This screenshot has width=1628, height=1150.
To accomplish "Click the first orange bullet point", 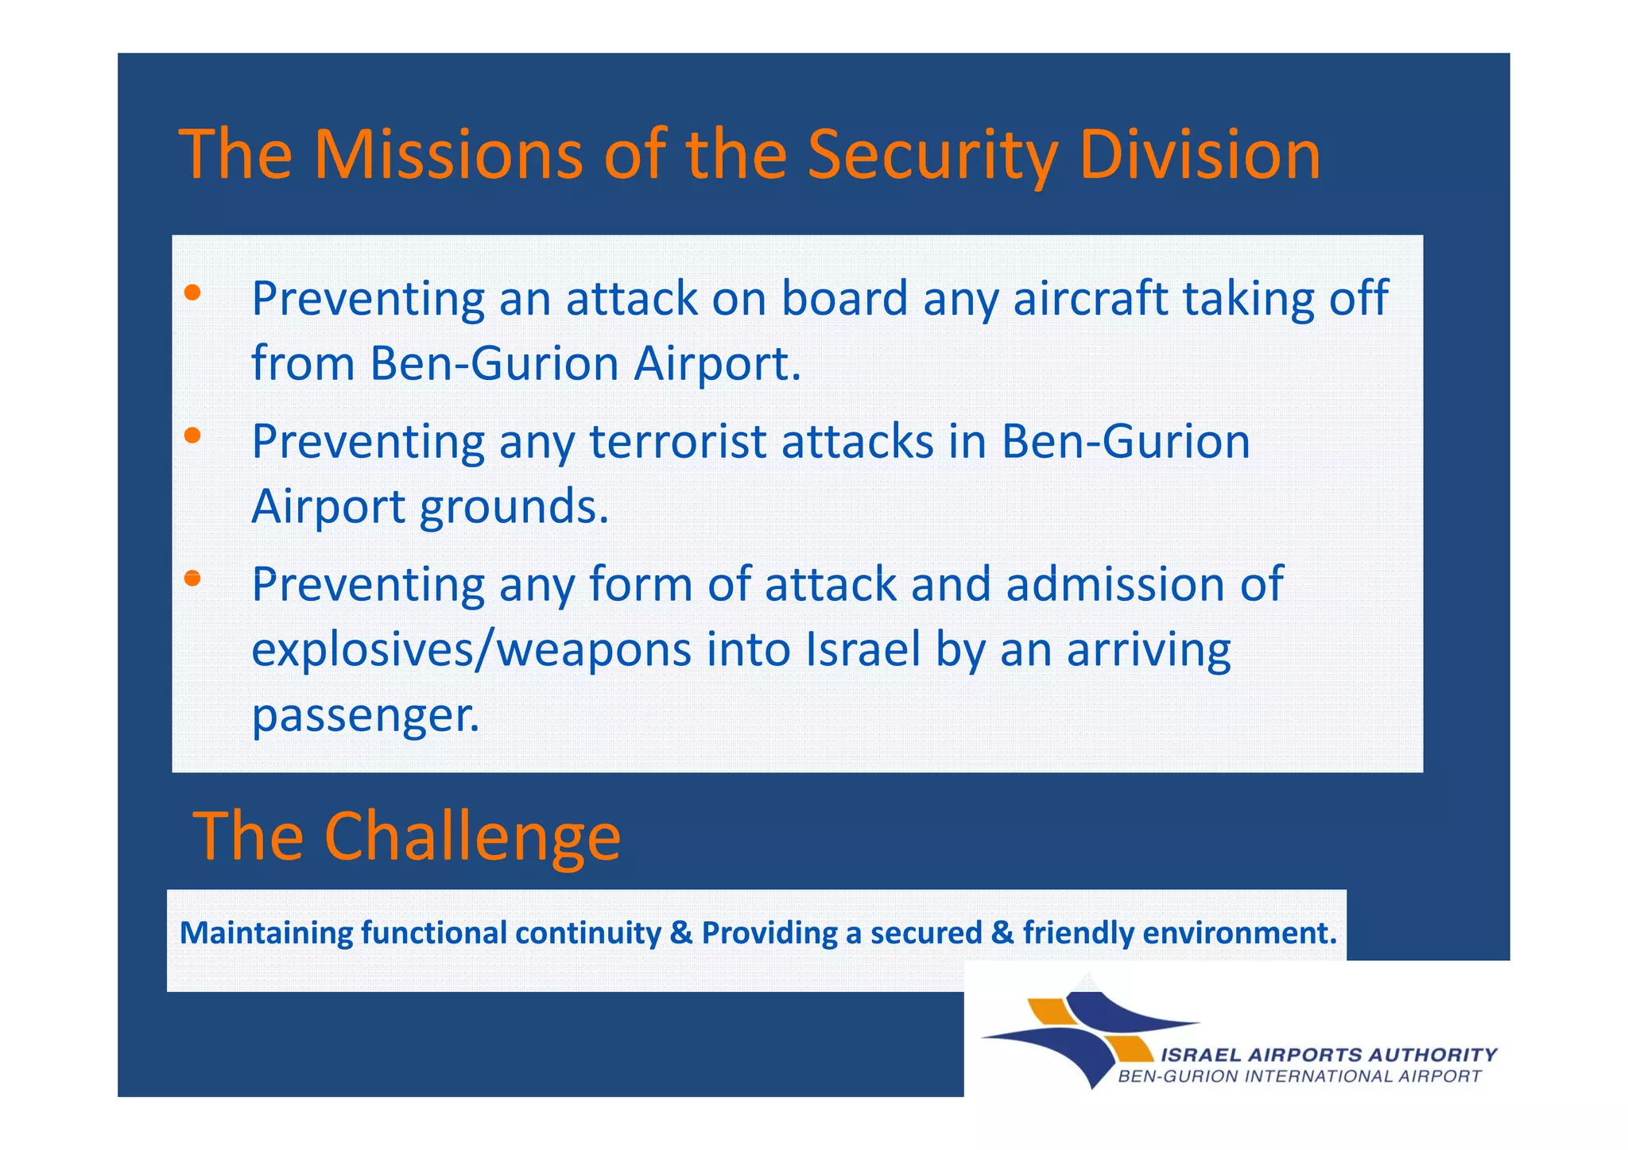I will click(x=192, y=293).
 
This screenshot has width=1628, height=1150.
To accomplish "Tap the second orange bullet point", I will click(x=192, y=436).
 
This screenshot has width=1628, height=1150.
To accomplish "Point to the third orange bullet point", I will click(x=192, y=578).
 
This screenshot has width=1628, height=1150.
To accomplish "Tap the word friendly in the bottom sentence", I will click(x=1078, y=933).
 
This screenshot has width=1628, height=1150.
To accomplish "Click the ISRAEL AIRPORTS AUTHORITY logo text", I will click(x=1328, y=1055).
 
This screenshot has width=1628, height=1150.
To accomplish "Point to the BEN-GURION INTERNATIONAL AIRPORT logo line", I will click(x=1300, y=1077).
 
